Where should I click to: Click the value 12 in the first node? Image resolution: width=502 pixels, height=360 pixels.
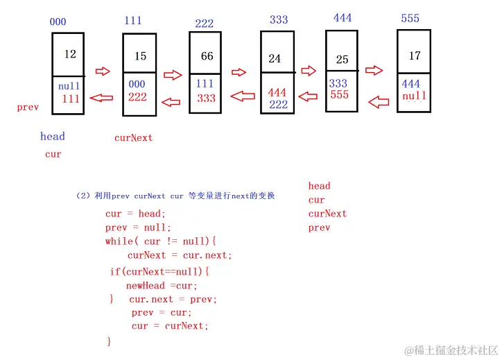(70, 54)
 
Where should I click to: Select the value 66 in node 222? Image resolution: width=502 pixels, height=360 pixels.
(207, 56)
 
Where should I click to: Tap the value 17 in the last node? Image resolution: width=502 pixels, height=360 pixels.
(415, 55)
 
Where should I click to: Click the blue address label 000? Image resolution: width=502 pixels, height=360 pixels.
(58, 22)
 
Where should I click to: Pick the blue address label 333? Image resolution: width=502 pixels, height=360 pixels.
(279, 19)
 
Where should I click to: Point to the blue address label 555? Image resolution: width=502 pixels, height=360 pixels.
(410, 18)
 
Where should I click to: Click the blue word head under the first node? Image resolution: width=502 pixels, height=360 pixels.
(52, 137)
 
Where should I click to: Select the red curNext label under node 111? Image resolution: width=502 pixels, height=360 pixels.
(133, 138)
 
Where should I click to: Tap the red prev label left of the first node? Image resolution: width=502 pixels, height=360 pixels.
(28, 108)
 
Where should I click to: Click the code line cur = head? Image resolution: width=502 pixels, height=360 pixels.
(135, 214)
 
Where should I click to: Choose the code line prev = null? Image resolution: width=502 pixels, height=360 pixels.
(137, 228)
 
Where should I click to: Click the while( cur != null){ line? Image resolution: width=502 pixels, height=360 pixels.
(161, 241)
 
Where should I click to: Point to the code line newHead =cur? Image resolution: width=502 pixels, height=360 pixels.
(162, 286)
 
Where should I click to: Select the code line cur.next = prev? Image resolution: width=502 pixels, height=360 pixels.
(173, 300)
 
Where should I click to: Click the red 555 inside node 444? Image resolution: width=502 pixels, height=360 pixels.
(339, 94)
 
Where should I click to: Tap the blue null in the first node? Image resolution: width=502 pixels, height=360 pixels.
(69, 87)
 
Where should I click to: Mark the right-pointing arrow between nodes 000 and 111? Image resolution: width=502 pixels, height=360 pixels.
(103, 71)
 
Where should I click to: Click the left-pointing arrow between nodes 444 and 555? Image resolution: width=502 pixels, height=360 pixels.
(378, 103)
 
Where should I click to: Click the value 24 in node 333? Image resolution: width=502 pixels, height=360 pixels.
(275, 59)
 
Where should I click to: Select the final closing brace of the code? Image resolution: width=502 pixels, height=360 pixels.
(109, 341)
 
